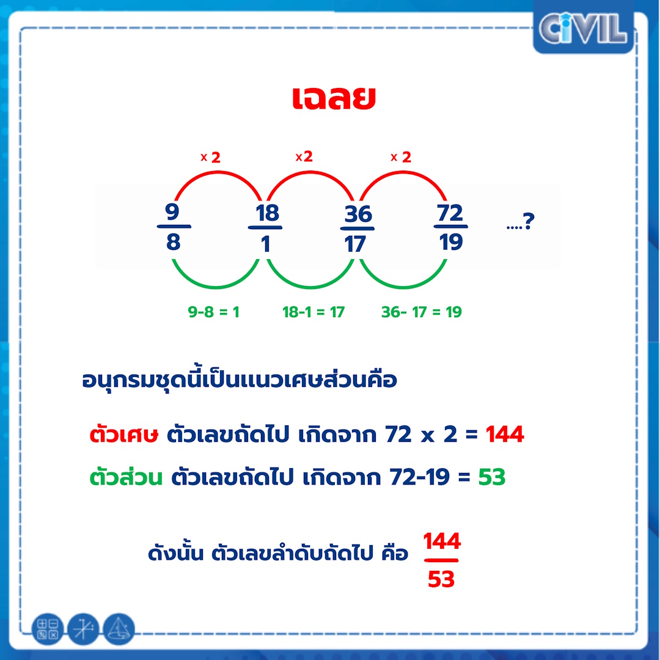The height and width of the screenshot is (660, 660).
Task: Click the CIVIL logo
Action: pyautogui.click(x=583, y=28)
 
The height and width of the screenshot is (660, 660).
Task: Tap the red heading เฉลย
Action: pyautogui.click(x=334, y=98)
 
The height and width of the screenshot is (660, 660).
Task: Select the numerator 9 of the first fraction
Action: pyautogui.click(x=172, y=211)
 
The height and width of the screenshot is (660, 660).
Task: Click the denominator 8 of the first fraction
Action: pyautogui.click(x=173, y=241)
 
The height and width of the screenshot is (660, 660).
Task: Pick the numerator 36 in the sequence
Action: pyautogui.click(x=358, y=214)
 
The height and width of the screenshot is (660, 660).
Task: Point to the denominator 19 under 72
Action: pyautogui.click(x=451, y=241)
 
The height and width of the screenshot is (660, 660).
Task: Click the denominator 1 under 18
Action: pyautogui.click(x=266, y=244)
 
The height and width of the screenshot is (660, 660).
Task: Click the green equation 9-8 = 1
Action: pyautogui.click(x=213, y=312)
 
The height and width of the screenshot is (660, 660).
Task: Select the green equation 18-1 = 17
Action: pyautogui.click(x=313, y=312)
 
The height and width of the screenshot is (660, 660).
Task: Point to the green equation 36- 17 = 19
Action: pyautogui.click(x=421, y=312)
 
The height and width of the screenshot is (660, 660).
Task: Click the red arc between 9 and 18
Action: pyautogui.click(x=218, y=171)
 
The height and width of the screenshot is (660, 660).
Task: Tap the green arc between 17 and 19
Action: pyautogui.click(x=403, y=287)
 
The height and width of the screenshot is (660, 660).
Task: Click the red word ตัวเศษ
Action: pyautogui.click(x=123, y=434)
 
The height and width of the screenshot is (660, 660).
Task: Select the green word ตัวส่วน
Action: pyautogui.click(x=126, y=477)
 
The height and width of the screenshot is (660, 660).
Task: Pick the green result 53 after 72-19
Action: pyautogui.click(x=491, y=477)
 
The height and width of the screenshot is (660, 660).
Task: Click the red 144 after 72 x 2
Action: pyautogui.click(x=505, y=434)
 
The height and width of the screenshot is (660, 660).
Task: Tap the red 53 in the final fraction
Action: pyautogui.click(x=441, y=579)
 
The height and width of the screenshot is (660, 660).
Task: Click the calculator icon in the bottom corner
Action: pyautogui.click(x=48, y=629)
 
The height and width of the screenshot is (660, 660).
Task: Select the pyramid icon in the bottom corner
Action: pyautogui.click(x=119, y=629)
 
